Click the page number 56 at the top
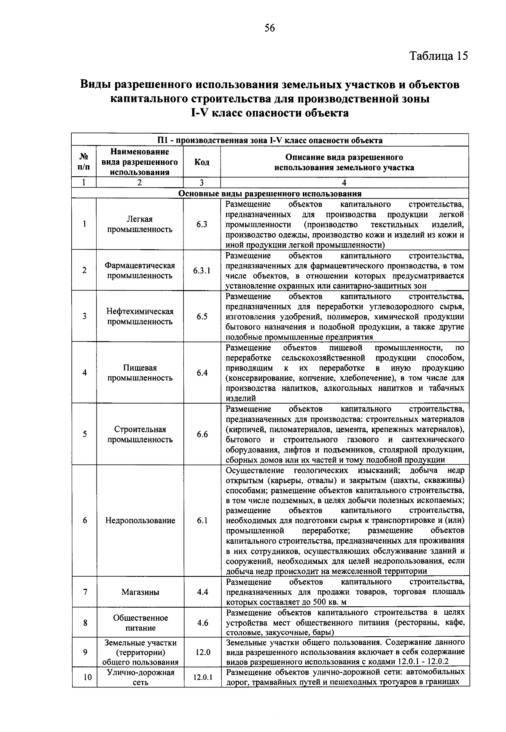coord(269,28)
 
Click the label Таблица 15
coord(439,56)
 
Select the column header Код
coord(202,162)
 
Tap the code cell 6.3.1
coord(202,271)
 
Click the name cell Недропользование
coord(140,520)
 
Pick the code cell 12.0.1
coord(202,678)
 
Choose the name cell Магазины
coord(140,592)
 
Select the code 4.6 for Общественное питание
coord(202,623)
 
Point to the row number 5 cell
coord(85,434)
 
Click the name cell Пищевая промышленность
coord(140,373)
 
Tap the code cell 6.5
coord(202,316)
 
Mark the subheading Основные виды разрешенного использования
coord(270,194)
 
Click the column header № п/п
coord(84,162)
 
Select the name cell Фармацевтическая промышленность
coord(140,271)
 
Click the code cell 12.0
coord(202,652)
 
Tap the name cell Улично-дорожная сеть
coord(140,678)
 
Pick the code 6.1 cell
coord(202,520)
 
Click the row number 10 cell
coord(87,678)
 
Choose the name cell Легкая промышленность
coord(140,224)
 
